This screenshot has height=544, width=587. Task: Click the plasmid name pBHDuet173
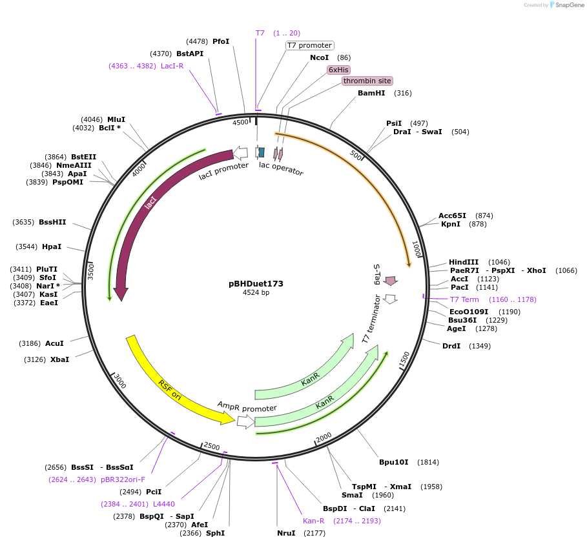pos(256,283)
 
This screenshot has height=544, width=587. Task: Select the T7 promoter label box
pos(309,45)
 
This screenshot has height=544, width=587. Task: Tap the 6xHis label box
pos(338,70)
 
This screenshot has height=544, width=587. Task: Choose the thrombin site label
pos(367,81)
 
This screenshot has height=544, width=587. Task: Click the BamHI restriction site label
pos(371,93)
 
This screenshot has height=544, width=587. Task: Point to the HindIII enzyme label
pos(464,261)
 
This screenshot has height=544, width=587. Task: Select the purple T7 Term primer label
pos(464,299)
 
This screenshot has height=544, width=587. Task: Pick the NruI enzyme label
pos(286,533)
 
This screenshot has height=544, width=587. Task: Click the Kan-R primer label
pos(314,521)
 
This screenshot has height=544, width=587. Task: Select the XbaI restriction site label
pos(59,359)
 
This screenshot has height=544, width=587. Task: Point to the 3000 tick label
pos(120,381)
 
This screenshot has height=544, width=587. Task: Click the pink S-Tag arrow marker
pos(390,281)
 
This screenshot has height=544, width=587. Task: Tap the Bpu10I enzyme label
pos(393,462)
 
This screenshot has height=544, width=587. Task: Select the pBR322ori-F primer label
pos(123,479)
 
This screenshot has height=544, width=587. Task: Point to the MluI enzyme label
pos(116,119)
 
